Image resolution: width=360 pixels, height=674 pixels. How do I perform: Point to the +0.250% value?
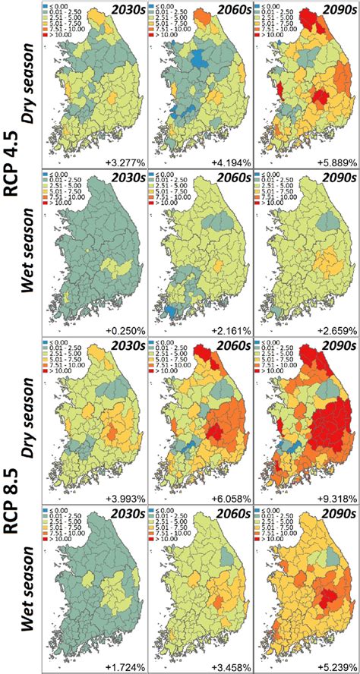click(x=125, y=330)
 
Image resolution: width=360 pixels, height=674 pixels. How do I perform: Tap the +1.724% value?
click(x=125, y=667)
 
